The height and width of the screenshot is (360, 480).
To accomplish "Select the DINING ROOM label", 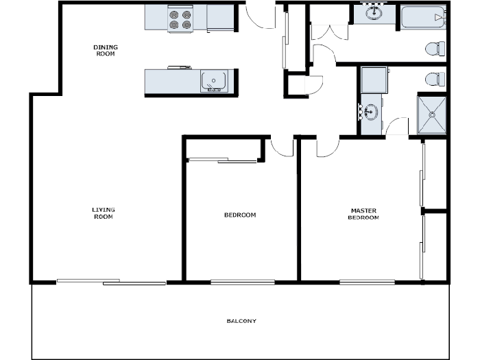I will [106, 50].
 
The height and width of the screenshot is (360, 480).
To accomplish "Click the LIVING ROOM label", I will [103, 213].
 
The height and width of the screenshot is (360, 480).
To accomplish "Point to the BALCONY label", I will [241, 321].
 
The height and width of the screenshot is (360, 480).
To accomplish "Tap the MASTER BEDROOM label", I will [363, 214].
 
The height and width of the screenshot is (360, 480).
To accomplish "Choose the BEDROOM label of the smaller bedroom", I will [240, 215].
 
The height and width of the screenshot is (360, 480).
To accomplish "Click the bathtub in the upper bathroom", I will [423, 17].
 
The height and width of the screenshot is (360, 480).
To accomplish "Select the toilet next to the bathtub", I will [435, 49].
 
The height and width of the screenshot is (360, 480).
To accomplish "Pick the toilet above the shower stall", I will [435, 79].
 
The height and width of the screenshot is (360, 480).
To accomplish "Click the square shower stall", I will [432, 115].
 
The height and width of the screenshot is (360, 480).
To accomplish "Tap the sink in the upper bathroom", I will [374, 13].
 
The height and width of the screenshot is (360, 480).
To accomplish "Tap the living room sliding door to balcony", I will [111, 281].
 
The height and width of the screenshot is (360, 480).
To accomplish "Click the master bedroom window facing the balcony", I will [367, 281].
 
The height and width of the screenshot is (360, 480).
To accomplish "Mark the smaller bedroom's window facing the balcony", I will [242, 281].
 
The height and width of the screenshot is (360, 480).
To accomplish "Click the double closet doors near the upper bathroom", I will [322, 33].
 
